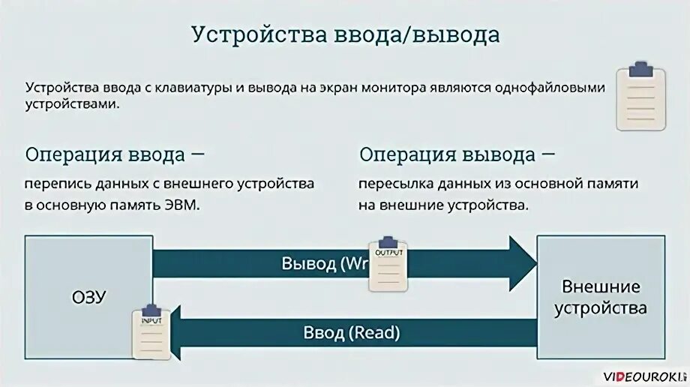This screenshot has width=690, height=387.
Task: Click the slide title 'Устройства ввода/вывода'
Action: coord(344,35)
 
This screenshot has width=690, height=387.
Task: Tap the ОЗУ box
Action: coord(88,296)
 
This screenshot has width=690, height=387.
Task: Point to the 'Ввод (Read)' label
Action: coord(352,331)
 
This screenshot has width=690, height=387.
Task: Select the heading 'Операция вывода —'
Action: coord(457,154)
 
